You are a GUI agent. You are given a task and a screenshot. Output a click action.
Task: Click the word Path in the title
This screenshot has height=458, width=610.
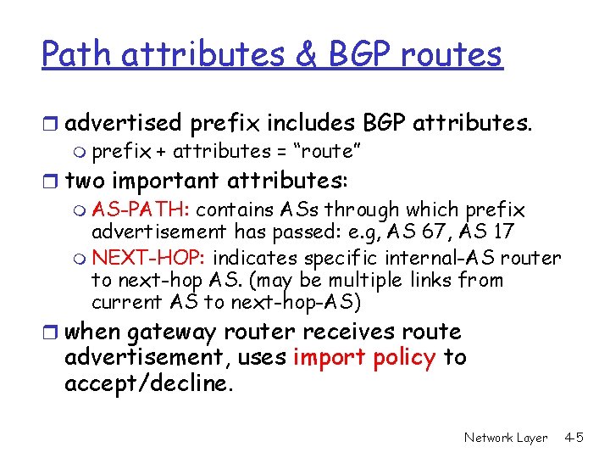point(77,55)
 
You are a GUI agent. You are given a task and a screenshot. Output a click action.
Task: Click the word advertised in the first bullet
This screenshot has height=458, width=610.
point(123,123)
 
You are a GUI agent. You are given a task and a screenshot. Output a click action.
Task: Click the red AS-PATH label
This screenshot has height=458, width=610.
point(141,209)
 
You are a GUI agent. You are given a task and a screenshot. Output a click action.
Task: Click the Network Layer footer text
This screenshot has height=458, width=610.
point(506,438)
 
